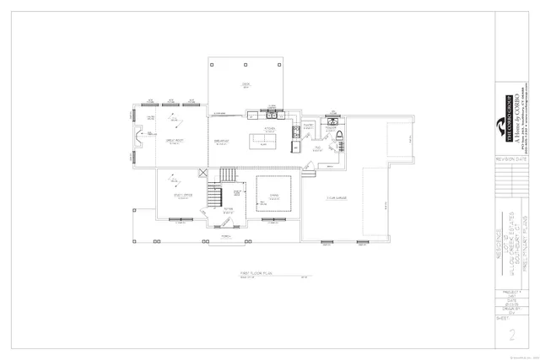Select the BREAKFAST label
(x=223, y=141)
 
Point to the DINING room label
(x=273, y=196)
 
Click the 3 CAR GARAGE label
(x=338, y=198)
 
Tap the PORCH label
(x=225, y=237)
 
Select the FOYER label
(x=228, y=212)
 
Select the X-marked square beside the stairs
(x=202, y=174)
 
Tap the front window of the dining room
(x=273, y=221)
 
